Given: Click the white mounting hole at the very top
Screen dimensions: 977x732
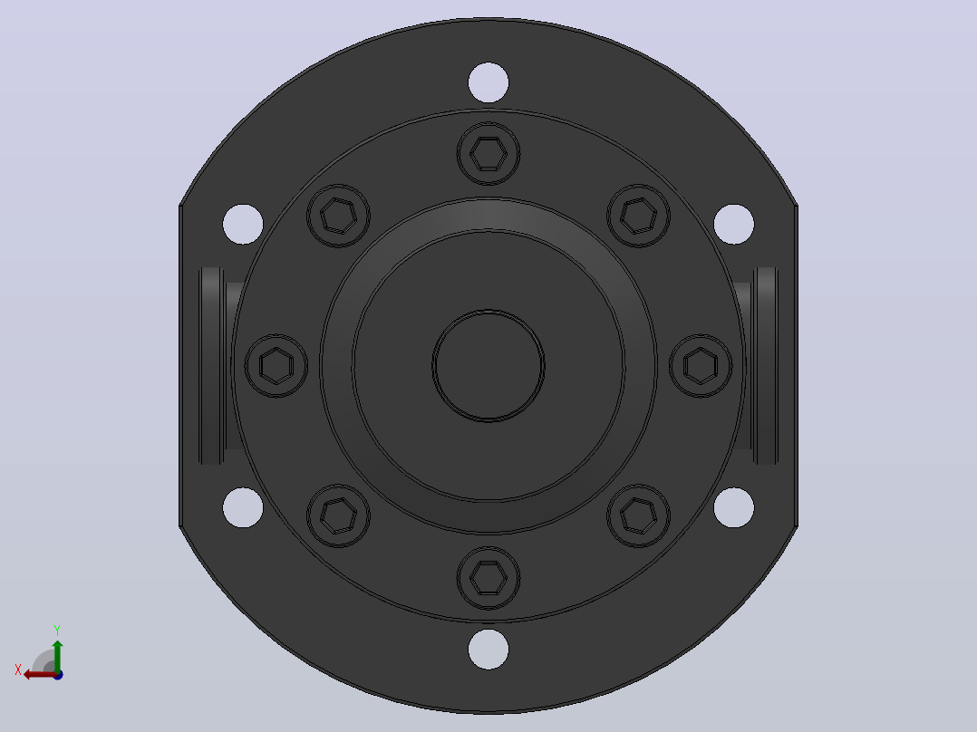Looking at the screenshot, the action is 488,82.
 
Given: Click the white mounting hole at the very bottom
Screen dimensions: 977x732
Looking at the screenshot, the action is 488,650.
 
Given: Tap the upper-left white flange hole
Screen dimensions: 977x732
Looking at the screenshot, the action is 243,225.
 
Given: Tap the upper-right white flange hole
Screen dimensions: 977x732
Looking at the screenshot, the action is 734,225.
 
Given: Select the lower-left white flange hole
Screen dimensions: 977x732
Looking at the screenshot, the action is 243,507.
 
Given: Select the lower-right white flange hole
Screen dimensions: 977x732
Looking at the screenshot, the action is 734,507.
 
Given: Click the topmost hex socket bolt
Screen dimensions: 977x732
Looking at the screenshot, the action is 488,153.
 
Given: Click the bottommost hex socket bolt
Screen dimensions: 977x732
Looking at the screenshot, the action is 488,578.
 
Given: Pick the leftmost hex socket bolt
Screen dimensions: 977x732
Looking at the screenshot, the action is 276,366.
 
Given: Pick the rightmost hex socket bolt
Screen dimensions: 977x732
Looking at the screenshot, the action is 701,366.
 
